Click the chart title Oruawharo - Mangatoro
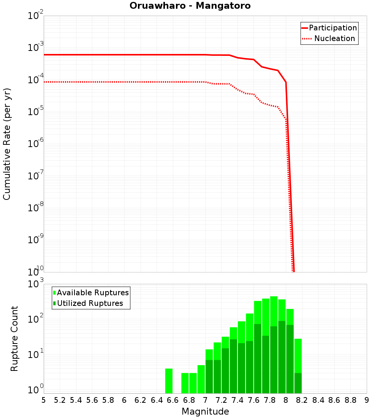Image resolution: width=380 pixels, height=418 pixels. [190, 6]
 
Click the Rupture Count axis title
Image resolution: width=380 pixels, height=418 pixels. [14, 338]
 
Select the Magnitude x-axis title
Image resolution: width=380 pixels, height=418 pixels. [205, 412]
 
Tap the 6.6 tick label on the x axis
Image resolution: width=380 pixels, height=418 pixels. [173, 400]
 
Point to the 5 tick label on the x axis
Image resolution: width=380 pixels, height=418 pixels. [44, 400]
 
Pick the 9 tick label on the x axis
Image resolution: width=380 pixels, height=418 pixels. [367, 400]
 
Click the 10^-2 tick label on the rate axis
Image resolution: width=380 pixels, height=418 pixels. [36, 16]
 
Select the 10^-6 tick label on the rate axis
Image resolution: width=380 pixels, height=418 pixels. [36, 144]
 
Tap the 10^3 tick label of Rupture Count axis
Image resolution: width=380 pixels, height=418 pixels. [36, 284]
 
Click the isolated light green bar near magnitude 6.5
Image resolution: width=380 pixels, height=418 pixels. [169, 381]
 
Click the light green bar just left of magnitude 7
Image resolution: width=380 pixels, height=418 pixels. [201, 379]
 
